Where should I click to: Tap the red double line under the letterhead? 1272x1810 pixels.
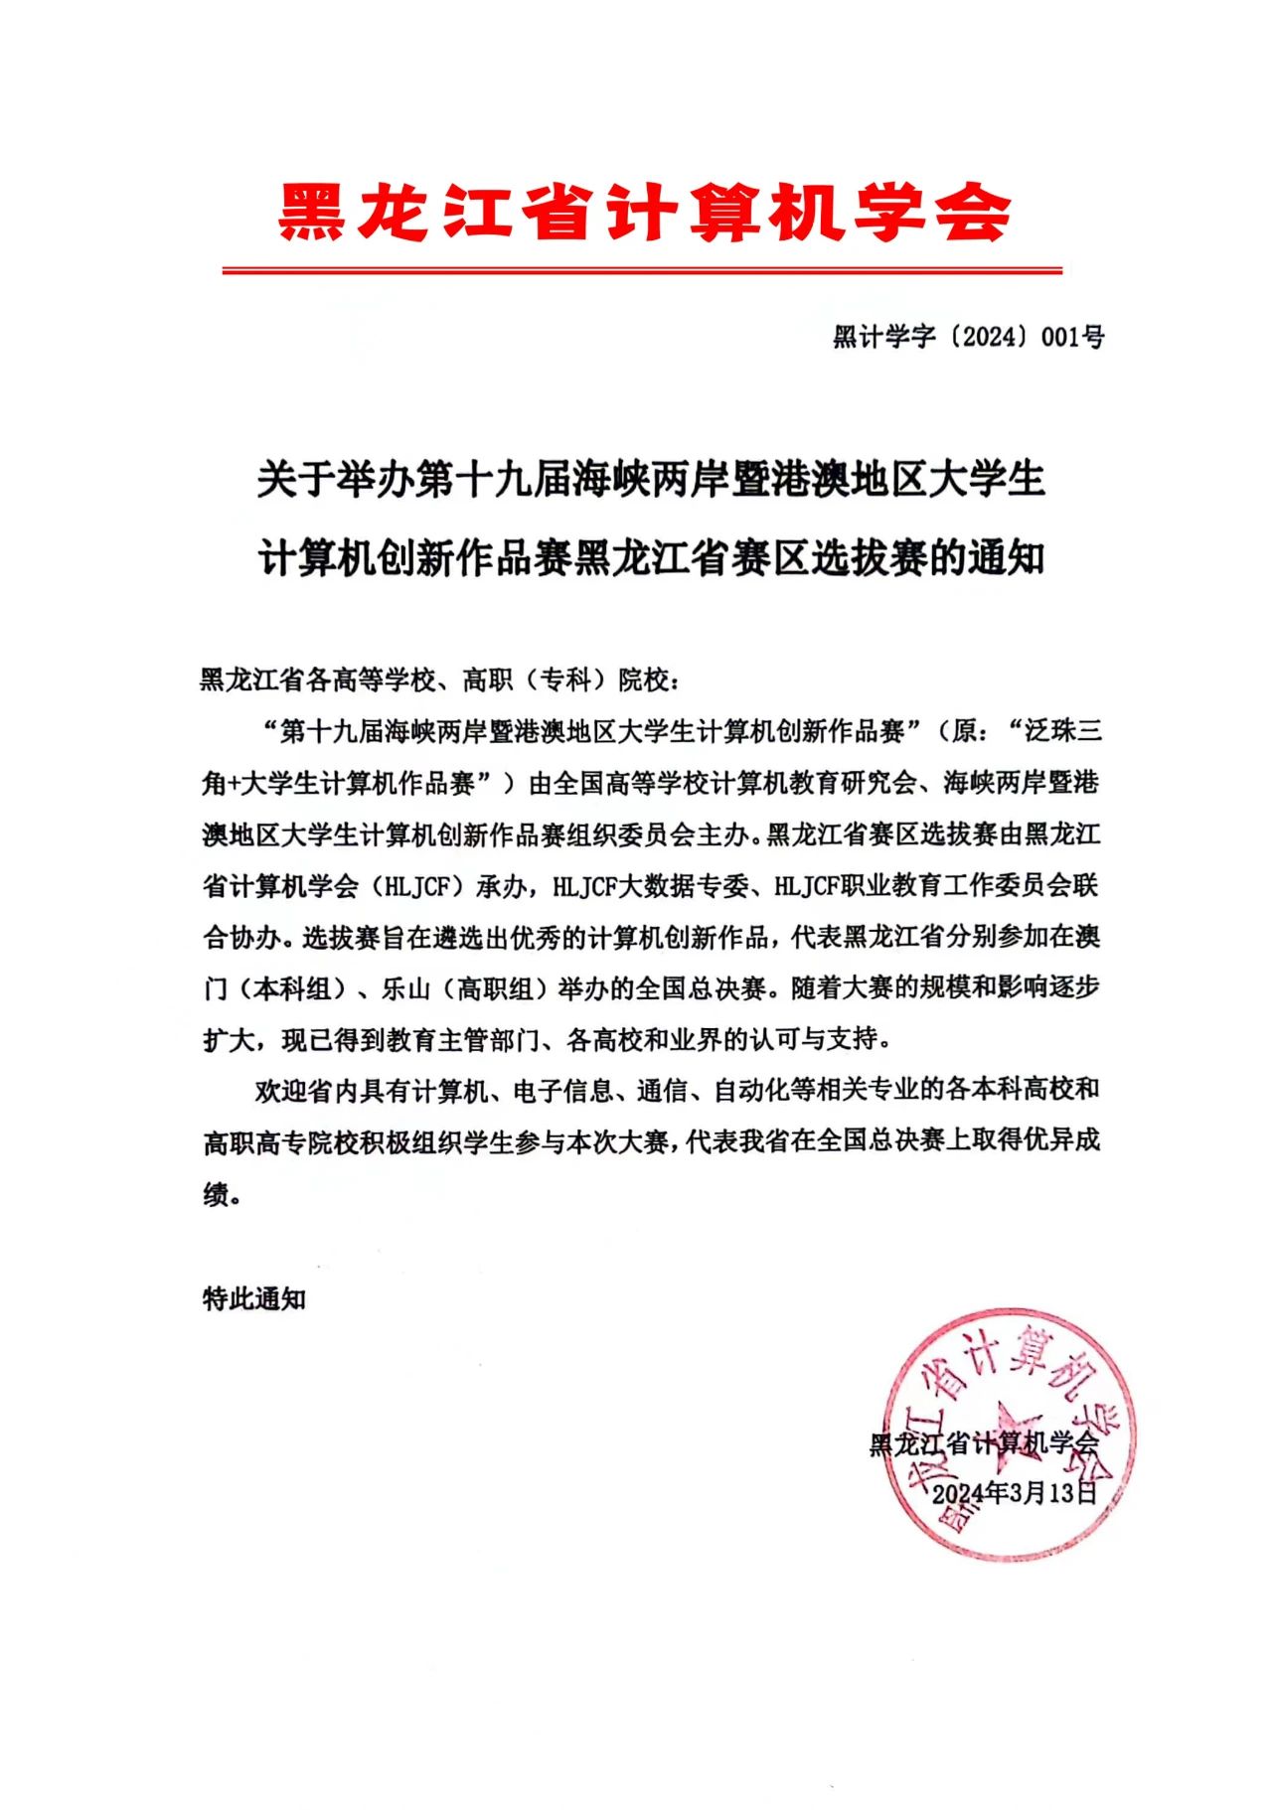point(641,269)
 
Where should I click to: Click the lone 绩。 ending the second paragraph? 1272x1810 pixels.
point(223,1194)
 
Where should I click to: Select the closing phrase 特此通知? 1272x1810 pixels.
point(254,1298)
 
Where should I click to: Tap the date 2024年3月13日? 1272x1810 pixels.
point(1014,1493)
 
